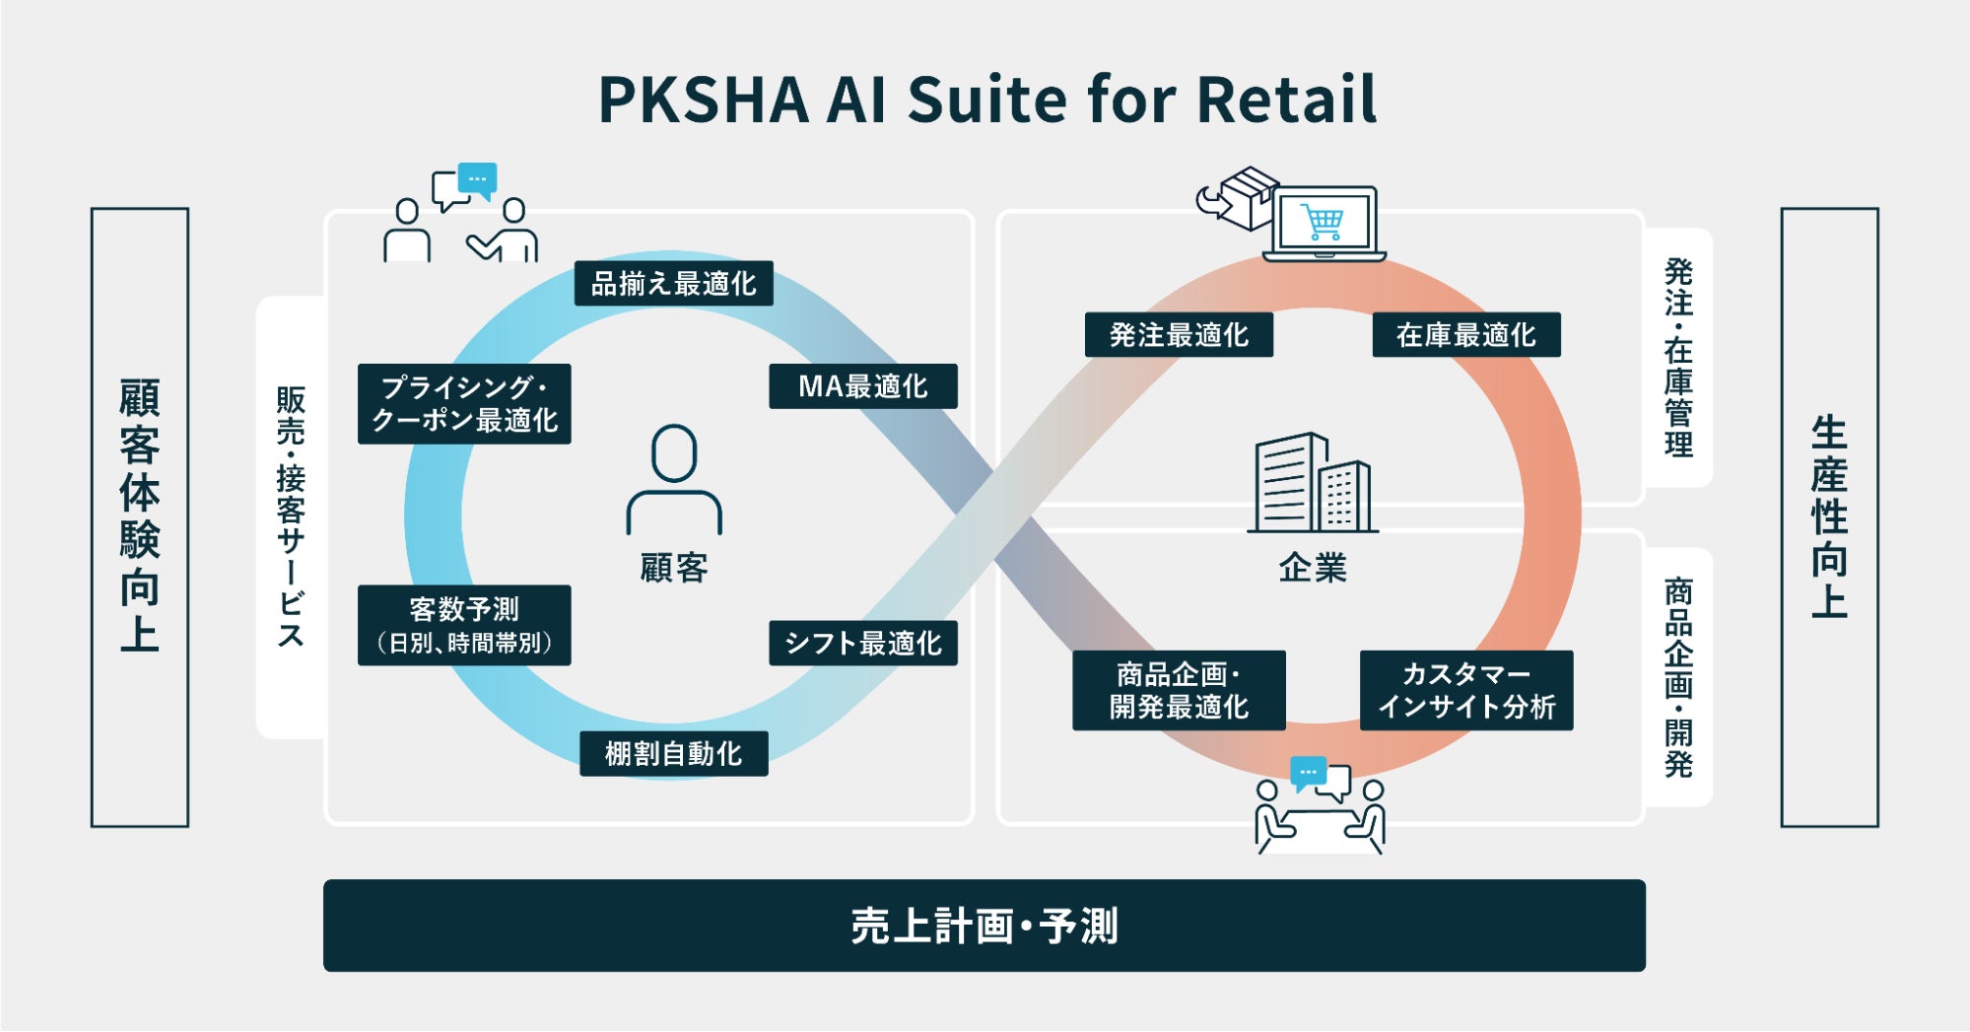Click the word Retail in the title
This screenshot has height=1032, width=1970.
coord(1286,100)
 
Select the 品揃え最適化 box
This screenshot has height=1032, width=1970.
coord(673,284)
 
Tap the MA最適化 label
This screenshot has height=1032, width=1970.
coord(862,386)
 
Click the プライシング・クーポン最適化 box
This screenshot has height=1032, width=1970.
coord(464,404)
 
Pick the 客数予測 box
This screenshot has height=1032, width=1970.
coord(464,625)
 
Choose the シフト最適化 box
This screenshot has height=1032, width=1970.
coord(862,644)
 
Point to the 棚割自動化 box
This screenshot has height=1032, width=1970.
coord(673,754)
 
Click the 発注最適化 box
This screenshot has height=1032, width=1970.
coord(1179,335)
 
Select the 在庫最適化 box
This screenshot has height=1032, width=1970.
coord(1465,335)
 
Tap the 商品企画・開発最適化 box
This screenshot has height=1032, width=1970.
coord(1179,690)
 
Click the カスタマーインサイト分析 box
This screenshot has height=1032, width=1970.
coord(1465,690)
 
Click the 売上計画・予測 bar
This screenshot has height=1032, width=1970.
coord(984,926)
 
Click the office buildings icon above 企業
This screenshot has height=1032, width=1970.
coord(1313,483)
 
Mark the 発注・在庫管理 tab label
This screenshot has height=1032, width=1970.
coord(1678,357)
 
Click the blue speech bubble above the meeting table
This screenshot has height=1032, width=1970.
coord(1308,772)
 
